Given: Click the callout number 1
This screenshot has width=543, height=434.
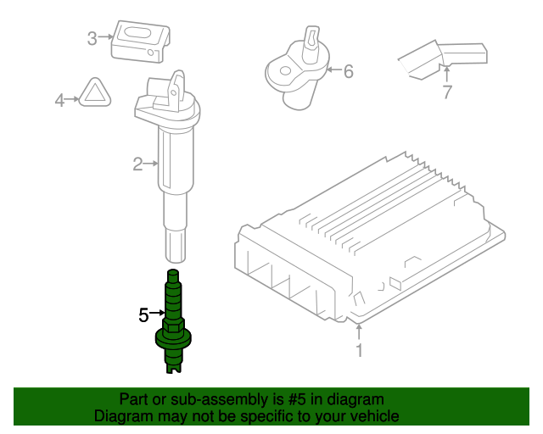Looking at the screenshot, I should tap(359, 350).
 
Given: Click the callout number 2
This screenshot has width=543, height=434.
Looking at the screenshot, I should tap(137, 164).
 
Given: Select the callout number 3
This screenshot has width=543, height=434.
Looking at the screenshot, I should tap(92, 37).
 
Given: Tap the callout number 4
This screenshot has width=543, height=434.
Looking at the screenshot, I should tap(59, 101).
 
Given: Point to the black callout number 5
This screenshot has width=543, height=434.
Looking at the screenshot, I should tap(143, 315).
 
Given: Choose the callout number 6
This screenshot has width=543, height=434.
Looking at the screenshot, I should tap(347, 71).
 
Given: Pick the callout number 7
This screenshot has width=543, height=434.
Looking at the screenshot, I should tap(447, 93).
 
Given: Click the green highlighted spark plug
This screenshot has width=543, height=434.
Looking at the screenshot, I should tap(173, 326).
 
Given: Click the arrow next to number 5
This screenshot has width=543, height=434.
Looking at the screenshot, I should tap(156, 315).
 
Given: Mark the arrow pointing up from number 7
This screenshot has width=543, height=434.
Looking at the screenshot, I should tap(447, 75).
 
